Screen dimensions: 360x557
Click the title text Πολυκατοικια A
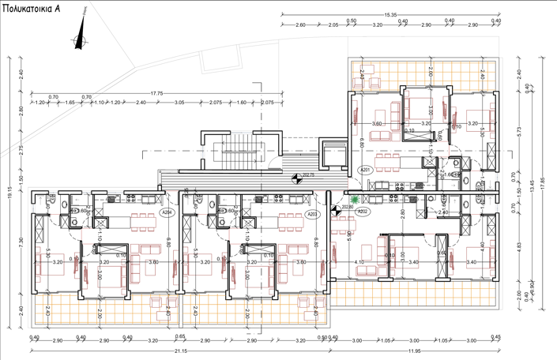pyautogui.click(x=35, y=8)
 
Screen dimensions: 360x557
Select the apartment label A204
pyautogui.click(x=166, y=212)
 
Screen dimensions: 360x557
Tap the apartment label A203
pyautogui.click(x=312, y=214)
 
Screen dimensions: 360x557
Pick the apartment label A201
pyautogui.click(x=365, y=170)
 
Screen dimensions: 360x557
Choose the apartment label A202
pyautogui.click(x=363, y=212)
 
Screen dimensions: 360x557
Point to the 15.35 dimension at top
pyautogui.click(x=390, y=15)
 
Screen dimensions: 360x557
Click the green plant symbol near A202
pyautogui.click(x=356, y=201)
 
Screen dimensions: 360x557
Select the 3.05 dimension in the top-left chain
pyautogui.click(x=179, y=103)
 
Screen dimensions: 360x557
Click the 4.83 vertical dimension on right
pyautogui.click(x=519, y=245)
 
